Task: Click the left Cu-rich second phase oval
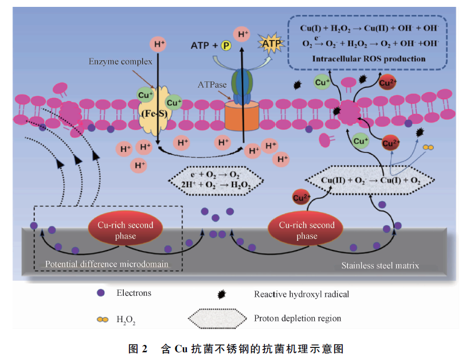(x=125, y=230)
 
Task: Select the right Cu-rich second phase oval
(x=306, y=230)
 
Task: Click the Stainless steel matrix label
(x=379, y=265)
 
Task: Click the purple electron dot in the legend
(x=101, y=293)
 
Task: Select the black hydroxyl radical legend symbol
(x=220, y=295)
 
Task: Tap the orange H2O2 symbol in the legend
(x=101, y=319)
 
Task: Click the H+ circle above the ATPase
(x=243, y=34)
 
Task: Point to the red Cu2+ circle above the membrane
(x=388, y=82)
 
